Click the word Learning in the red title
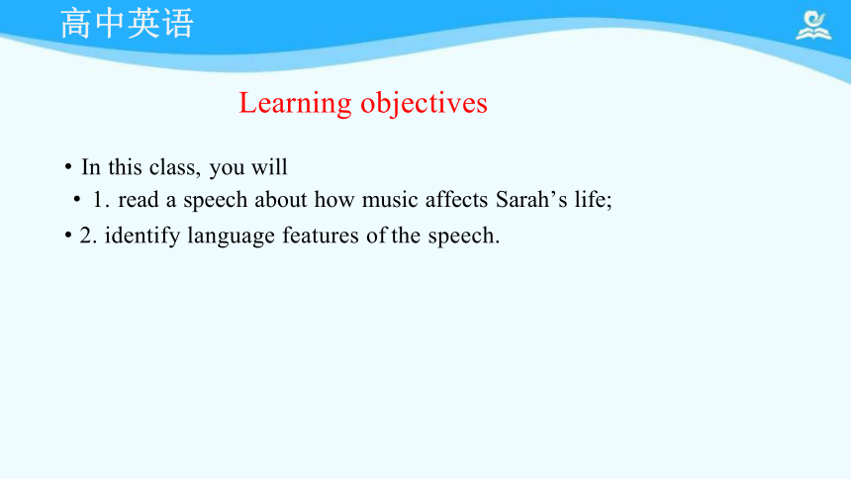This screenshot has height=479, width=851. point(295,103)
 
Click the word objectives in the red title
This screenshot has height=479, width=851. point(424,103)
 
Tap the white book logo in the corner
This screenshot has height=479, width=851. point(813,25)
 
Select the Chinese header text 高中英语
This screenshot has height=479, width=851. point(127,24)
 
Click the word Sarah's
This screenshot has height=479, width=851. point(531,199)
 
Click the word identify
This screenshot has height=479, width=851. point(142,237)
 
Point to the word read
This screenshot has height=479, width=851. point(139,199)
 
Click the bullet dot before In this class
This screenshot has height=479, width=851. point(68,166)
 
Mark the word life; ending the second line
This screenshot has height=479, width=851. point(593,199)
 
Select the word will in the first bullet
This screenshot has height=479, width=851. point(269,166)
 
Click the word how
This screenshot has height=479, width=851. point(334,199)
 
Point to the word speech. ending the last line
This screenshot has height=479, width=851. point(463,237)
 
